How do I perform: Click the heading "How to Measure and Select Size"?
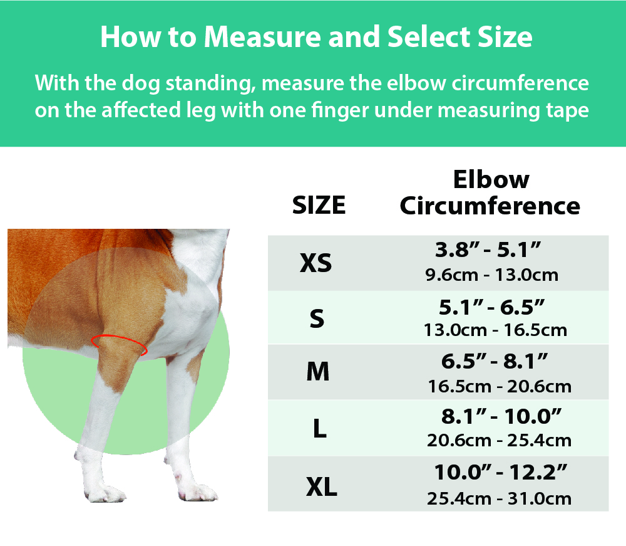316,38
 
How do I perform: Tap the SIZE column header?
319,205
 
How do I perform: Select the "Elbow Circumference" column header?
490,192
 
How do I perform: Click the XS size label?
316,263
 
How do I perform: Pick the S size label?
317,318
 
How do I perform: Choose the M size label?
318,373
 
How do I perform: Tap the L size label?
319,430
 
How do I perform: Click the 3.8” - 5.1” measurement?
488,251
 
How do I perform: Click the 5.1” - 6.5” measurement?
491,307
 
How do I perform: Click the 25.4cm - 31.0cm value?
500,498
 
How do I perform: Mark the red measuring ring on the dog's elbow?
119,344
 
